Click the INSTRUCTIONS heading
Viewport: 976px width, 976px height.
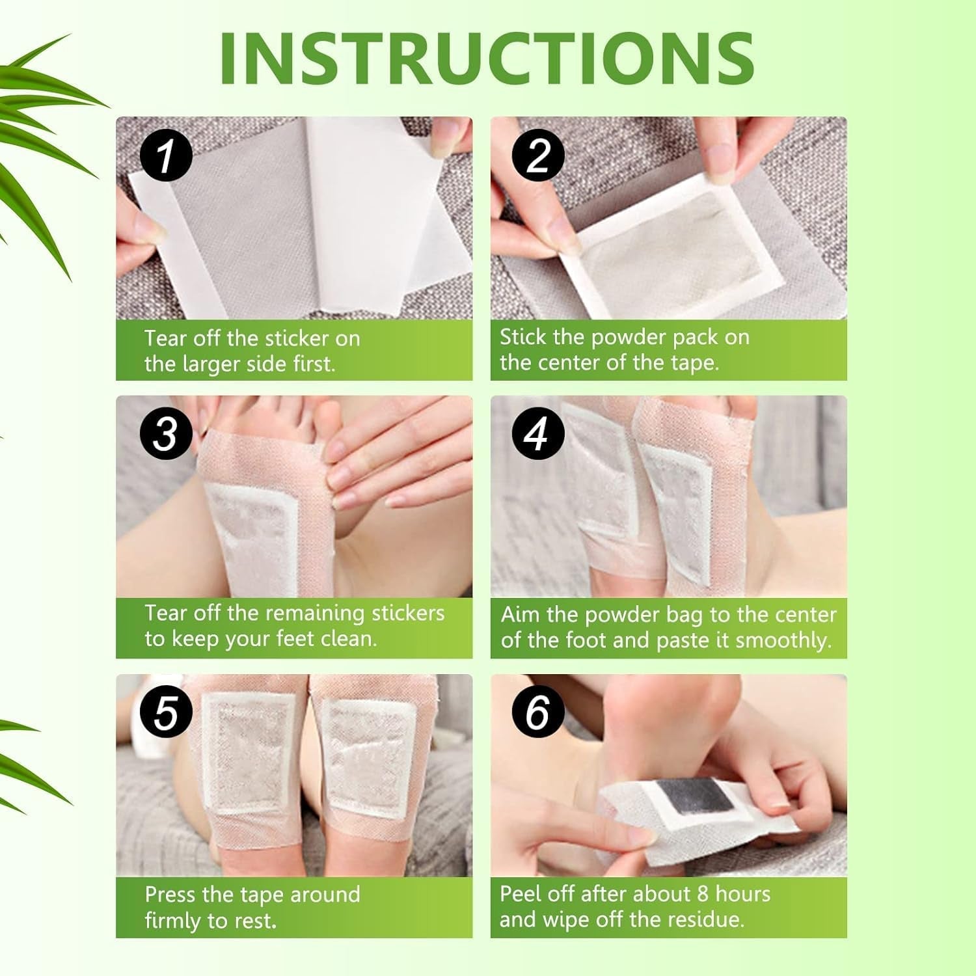click(487, 57)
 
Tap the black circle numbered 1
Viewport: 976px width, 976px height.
click(165, 156)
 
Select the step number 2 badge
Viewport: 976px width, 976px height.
click(538, 156)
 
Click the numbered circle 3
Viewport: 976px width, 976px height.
click(165, 433)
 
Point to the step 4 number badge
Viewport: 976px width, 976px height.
click(537, 433)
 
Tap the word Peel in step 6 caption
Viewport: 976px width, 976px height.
click(521, 894)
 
